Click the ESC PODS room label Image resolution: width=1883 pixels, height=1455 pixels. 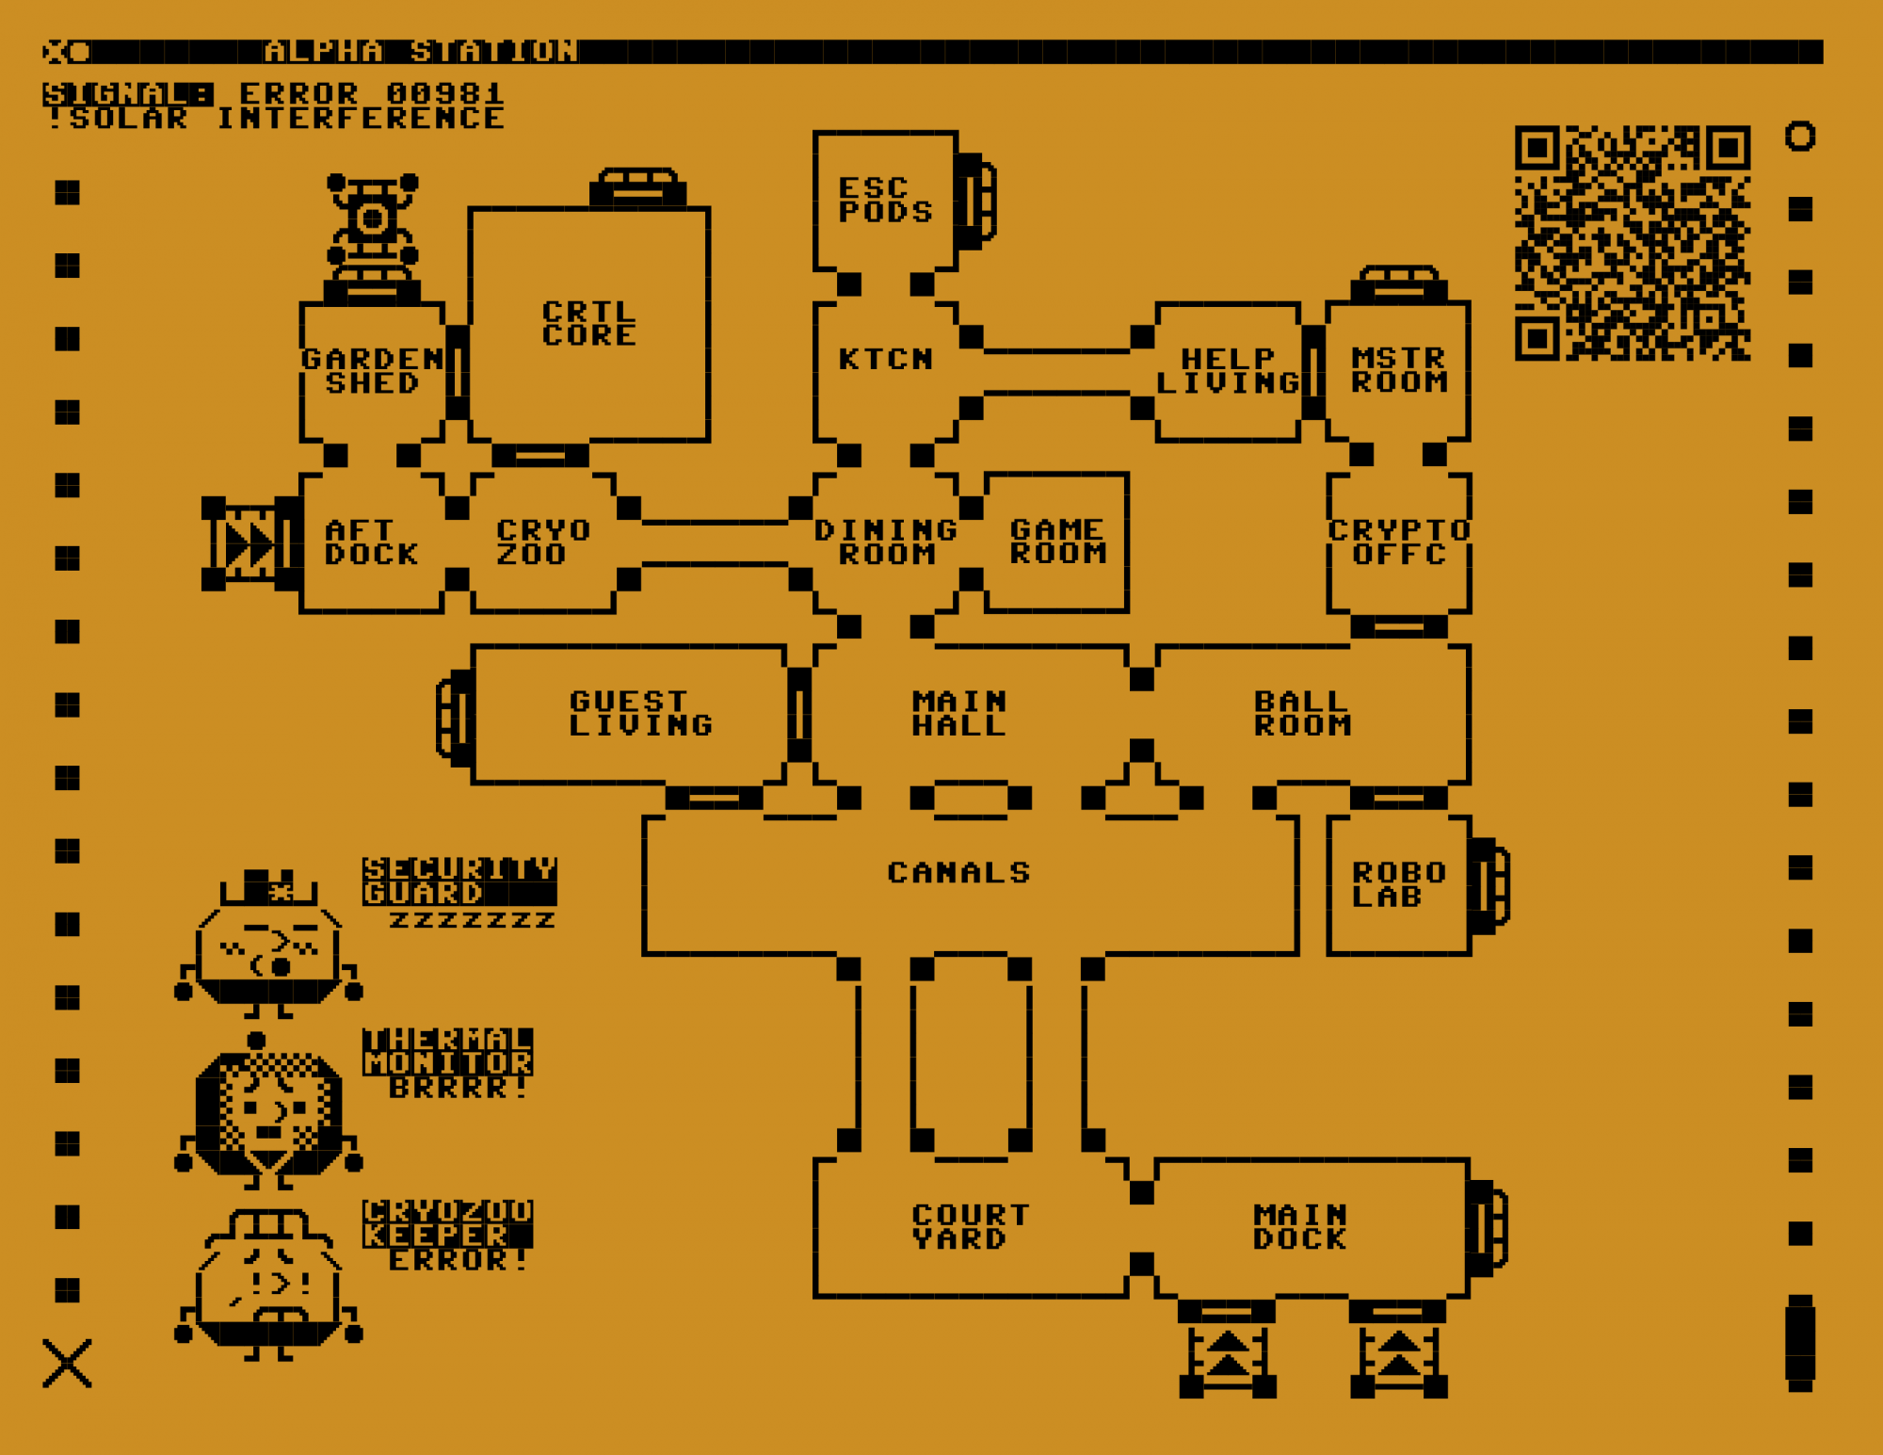click(x=885, y=200)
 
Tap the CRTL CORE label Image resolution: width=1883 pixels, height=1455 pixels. click(x=589, y=323)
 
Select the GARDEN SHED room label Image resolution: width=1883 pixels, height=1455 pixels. click(x=373, y=371)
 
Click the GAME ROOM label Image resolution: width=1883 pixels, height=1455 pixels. click(x=1057, y=542)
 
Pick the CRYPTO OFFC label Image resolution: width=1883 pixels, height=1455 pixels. click(x=1399, y=542)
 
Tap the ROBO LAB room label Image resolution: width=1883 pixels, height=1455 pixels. click(x=1398, y=884)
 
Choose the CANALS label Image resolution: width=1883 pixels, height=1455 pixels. click(x=959, y=873)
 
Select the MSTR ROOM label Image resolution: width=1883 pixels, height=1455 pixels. click(x=1399, y=370)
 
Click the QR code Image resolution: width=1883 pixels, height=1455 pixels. click(x=1632, y=243)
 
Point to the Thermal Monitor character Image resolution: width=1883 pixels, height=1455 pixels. click(x=269, y=1111)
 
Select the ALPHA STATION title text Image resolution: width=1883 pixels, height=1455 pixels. click(x=421, y=51)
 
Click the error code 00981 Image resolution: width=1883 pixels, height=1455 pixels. click(x=445, y=93)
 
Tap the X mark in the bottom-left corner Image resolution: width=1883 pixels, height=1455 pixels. click(x=67, y=1363)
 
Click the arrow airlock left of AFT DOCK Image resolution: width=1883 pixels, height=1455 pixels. click(x=249, y=544)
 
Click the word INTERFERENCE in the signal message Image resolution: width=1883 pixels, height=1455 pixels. click(x=361, y=118)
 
